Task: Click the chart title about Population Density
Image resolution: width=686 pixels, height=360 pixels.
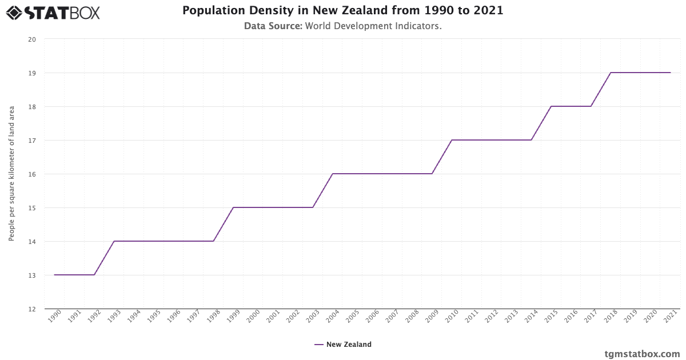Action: point(343,10)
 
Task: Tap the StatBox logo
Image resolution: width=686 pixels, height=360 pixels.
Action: point(53,12)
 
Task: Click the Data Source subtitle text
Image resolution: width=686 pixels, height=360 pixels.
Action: point(343,26)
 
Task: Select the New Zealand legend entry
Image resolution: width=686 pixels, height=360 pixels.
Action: point(343,345)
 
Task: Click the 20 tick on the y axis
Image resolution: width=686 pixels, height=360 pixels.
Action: point(32,39)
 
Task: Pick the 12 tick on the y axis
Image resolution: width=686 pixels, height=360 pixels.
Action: point(32,309)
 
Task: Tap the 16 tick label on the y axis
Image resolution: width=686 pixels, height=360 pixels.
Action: point(32,174)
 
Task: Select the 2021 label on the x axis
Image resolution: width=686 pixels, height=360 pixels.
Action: point(670,317)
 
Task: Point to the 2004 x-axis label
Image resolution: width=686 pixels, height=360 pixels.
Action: point(332,317)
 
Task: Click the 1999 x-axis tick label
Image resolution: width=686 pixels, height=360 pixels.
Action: point(233,317)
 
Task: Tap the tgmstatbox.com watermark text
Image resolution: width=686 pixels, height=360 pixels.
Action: point(642,354)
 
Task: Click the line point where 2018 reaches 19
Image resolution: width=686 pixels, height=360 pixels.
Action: point(611,73)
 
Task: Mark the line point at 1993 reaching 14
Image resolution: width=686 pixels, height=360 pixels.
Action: point(114,241)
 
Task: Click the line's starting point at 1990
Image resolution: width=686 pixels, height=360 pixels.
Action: point(54,275)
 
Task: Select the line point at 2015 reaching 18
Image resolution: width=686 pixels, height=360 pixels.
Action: point(551,106)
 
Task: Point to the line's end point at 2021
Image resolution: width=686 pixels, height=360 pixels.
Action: point(670,73)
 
